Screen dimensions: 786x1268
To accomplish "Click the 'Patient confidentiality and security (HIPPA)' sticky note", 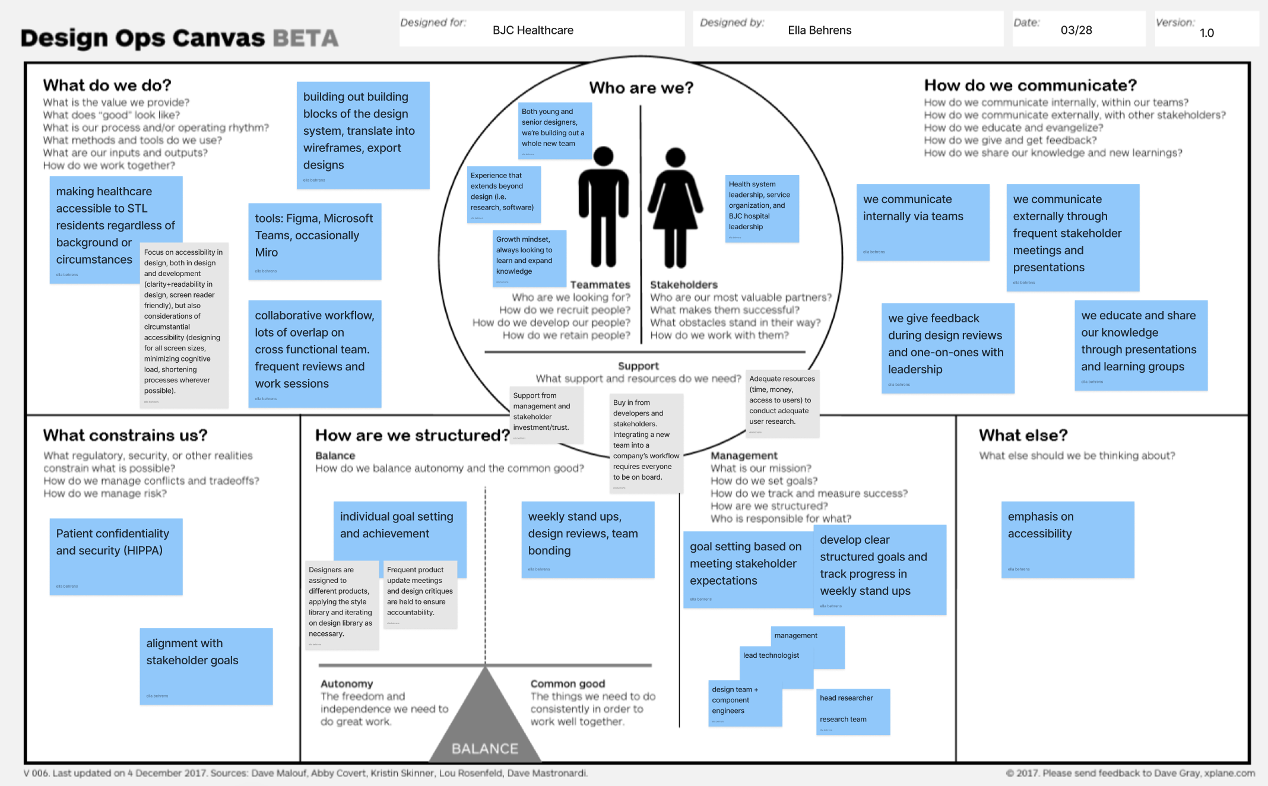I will tap(116, 556).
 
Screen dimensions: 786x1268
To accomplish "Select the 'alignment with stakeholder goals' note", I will tap(206, 665).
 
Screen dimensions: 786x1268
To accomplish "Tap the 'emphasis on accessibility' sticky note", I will tap(1067, 539).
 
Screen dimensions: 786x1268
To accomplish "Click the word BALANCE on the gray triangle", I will tap(485, 749).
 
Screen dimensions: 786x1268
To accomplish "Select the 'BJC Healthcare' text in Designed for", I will tap(533, 30).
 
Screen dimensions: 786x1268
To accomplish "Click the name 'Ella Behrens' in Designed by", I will tap(819, 30).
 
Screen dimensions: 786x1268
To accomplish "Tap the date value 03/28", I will tap(1076, 30).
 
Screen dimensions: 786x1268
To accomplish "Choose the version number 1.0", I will tap(1206, 33).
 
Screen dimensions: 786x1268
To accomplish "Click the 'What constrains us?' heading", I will tap(125, 435).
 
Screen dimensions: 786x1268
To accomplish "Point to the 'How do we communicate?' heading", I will tap(1030, 85).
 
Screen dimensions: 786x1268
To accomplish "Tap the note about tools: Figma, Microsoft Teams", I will tap(315, 241).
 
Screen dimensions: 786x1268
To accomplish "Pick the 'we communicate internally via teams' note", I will tap(923, 222).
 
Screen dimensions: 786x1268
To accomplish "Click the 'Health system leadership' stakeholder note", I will tap(762, 208).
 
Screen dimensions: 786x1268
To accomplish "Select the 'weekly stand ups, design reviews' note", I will tap(588, 539).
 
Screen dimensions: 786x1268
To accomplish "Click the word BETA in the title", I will tap(306, 39).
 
